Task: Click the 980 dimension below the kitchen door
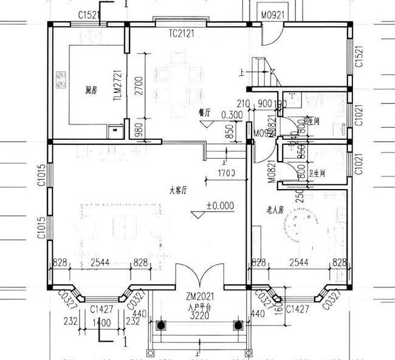click(x=138, y=129)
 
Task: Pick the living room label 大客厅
click(x=177, y=190)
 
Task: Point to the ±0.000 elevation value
click(x=220, y=206)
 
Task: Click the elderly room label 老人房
click(x=276, y=210)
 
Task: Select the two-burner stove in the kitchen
click(x=61, y=78)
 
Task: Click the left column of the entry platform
click(x=162, y=325)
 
